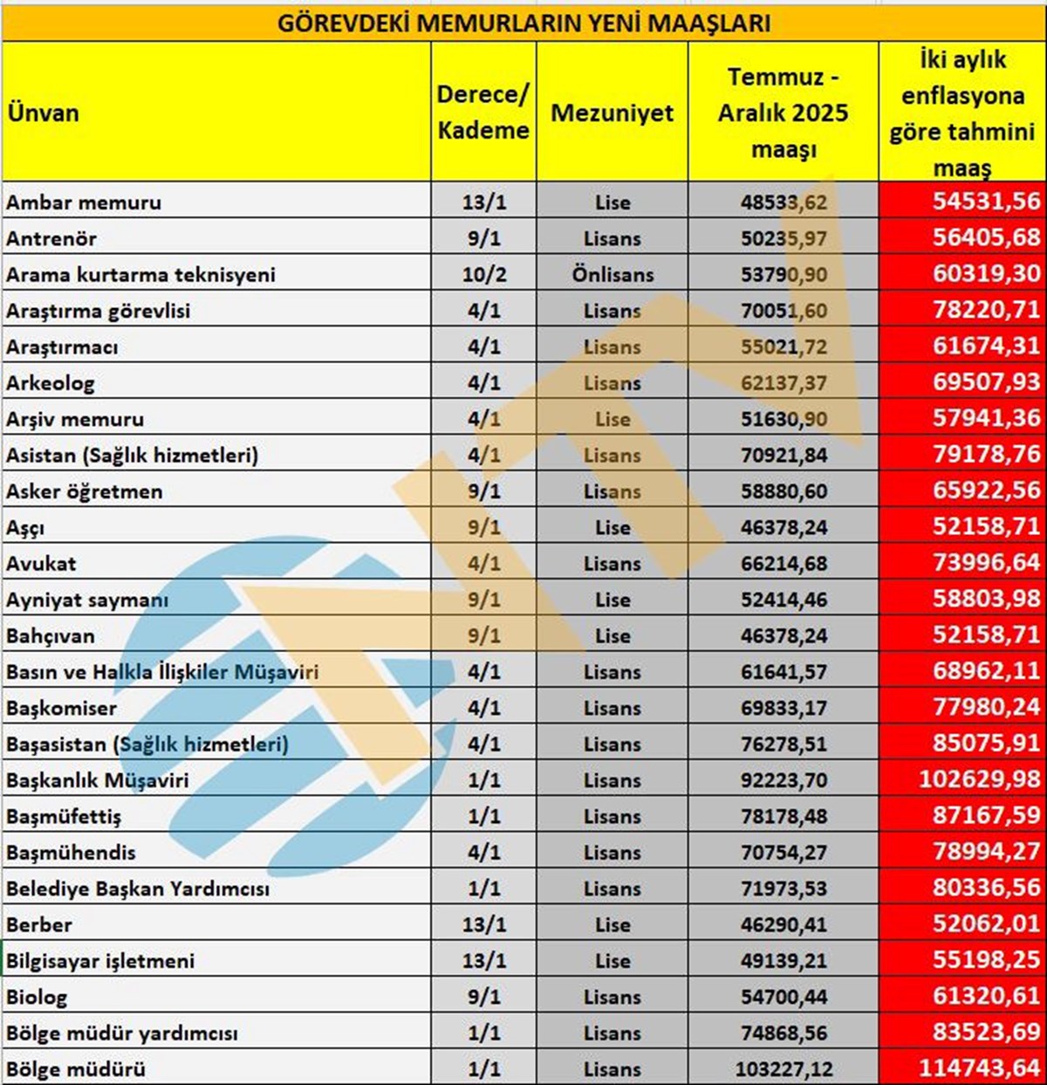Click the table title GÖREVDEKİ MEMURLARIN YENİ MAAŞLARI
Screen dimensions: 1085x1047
click(x=523, y=23)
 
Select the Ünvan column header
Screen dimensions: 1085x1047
click(x=43, y=113)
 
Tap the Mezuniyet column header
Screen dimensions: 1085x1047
click(x=612, y=113)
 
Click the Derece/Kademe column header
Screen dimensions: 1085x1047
click(x=482, y=113)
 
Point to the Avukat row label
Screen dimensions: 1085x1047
click(x=41, y=564)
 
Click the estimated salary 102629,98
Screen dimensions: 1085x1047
click(x=979, y=779)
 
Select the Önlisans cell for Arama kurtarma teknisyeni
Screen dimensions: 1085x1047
click(x=612, y=275)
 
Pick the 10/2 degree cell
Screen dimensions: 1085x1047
click(x=483, y=275)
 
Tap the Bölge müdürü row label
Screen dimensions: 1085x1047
click(x=76, y=1069)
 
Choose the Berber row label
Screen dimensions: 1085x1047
click(x=39, y=924)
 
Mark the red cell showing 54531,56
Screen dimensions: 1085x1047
click(x=986, y=202)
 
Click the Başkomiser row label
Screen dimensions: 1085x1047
click(x=61, y=708)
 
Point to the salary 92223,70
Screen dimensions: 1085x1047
click(x=784, y=780)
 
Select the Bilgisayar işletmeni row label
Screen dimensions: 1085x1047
click(x=100, y=961)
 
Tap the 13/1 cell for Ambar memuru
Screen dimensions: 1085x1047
click(x=483, y=203)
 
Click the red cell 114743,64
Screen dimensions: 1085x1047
click(x=979, y=1068)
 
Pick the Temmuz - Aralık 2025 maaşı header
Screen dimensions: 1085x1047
click(x=783, y=113)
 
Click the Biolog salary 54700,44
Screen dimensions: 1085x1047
click(x=784, y=997)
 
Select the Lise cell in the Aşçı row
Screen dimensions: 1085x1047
click(x=612, y=528)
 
